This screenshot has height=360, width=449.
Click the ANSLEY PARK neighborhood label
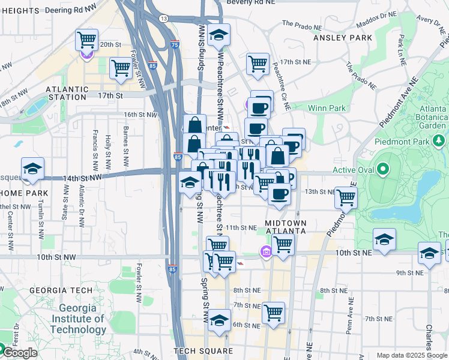pyautogui.click(x=343, y=38)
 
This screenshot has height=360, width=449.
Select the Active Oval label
pyautogui.click(x=354, y=170)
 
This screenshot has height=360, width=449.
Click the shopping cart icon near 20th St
pyautogui.click(x=87, y=40)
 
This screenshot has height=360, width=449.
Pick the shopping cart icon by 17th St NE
pyautogui.click(x=258, y=63)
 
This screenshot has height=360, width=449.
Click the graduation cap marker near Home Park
pyautogui.click(x=32, y=169)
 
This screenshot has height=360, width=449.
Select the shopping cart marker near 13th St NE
pyautogui.click(x=346, y=197)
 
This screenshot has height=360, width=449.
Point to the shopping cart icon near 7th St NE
pyautogui.click(x=273, y=312)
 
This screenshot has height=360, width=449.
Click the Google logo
pyautogui.click(x=19, y=353)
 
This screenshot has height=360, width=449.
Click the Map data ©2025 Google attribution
pyautogui.click(x=411, y=355)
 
